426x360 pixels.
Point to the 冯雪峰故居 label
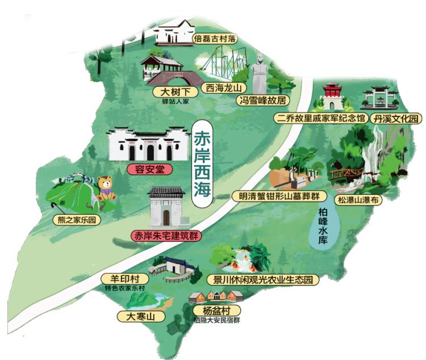tap(262, 101)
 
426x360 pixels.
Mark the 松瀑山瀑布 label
tap(359, 200)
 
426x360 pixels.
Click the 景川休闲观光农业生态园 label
tap(262, 279)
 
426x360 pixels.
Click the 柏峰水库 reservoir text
tap(323, 227)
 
